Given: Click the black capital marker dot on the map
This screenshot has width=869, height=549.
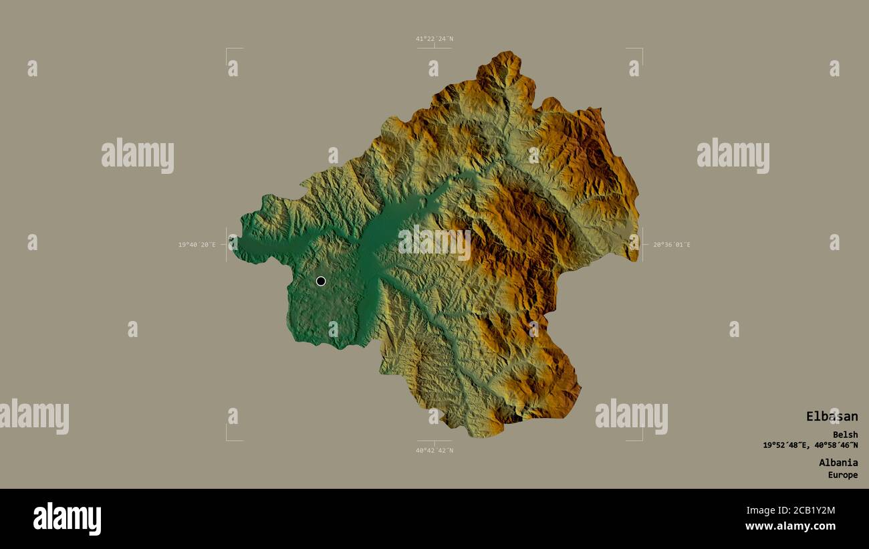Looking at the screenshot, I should tap(321, 281).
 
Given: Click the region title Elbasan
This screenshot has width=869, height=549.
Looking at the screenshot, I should tap(832, 417).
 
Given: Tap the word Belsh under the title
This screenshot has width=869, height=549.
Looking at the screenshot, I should tap(845, 435).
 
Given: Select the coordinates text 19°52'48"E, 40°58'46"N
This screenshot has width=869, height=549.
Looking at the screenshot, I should tap(810, 445).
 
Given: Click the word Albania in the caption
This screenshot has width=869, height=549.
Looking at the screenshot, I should tap(838, 462).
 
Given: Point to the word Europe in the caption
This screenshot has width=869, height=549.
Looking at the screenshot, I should tap(843, 475).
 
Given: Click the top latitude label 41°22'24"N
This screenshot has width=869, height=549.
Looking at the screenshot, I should tap(434, 39).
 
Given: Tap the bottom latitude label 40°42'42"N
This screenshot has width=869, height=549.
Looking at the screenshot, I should tap(434, 450).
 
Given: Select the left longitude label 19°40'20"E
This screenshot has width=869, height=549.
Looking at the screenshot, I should tap(197, 245).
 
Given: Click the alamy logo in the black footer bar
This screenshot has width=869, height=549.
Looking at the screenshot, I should tap(67, 519).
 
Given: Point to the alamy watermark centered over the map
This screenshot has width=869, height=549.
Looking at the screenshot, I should tap(434, 243).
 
